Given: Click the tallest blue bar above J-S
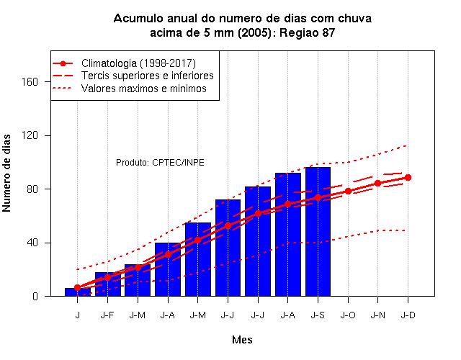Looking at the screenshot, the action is click(x=318, y=232).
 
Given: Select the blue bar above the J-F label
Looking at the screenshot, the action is click(x=107, y=284).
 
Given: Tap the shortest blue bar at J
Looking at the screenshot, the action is click(x=78, y=292).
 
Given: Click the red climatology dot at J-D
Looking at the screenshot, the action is click(x=408, y=178).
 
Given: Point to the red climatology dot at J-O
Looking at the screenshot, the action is click(x=348, y=191).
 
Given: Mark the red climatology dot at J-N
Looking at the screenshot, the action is click(x=377, y=183).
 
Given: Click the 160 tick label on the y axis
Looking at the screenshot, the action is click(x=30, y=81).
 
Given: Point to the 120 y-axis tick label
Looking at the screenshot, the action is click(x=30, y=135).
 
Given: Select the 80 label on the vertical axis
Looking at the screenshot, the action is click(x=32, y=189).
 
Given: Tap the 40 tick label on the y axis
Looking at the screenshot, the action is click(x=32, y=243).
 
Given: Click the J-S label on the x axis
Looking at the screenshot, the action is click(x=318, y=315).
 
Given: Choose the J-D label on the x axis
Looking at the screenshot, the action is click(x=408, y=315).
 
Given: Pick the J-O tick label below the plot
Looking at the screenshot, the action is click(x=348, y=315).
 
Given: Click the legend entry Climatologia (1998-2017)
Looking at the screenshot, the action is click(x=138, y=63).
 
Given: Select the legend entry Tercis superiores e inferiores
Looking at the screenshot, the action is click(x=147, y=76).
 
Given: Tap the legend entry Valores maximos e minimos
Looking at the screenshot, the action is click(x=144, y=89).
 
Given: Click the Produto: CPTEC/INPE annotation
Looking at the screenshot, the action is click(x=160, y=163).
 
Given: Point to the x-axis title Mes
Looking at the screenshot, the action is click(x=242, y=340).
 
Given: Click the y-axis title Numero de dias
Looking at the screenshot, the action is click(x=6, y=174).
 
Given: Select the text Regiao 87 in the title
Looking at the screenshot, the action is click(x=308, y=32).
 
